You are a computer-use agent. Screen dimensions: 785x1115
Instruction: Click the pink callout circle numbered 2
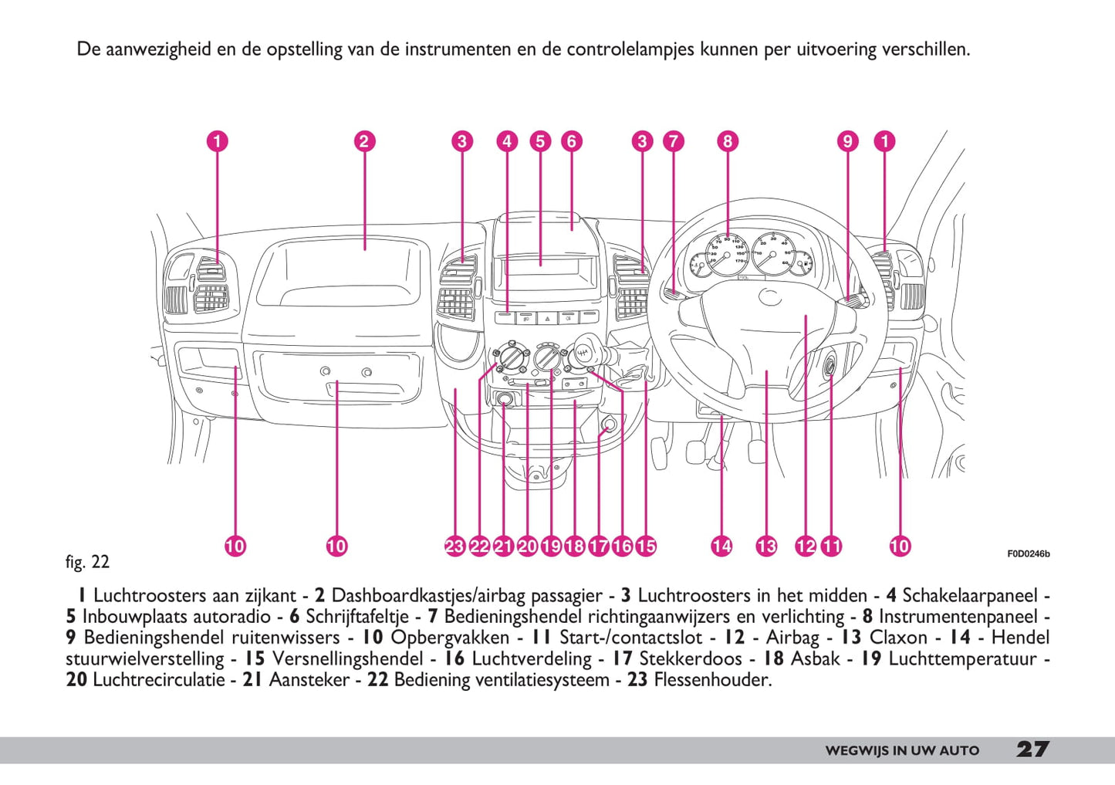(x=364, y=141)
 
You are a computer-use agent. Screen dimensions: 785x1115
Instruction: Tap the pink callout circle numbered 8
(x=727, y=141)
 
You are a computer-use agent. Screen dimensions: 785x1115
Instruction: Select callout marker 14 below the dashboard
(x=721, y=546)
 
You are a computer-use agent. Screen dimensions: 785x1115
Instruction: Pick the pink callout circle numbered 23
(x=454, y=546)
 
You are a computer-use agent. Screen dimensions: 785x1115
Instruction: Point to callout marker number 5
(x=540, y=141)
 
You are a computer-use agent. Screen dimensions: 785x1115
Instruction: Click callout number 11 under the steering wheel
(x=831, y=546)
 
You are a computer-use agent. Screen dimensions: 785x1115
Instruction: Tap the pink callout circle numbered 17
(x=598, y=546)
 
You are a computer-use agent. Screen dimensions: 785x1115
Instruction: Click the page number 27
(x=1032, y=749)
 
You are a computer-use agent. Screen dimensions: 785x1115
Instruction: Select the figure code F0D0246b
(x=1028, y=553)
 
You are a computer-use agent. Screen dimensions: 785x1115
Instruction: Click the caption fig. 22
(x=87, y=562)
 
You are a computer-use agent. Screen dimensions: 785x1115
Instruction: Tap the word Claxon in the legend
(x=898, y=638)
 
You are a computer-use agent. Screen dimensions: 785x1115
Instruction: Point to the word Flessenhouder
(x=712, y=680)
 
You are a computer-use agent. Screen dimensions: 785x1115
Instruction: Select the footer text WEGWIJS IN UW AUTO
(x=901, y=750)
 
